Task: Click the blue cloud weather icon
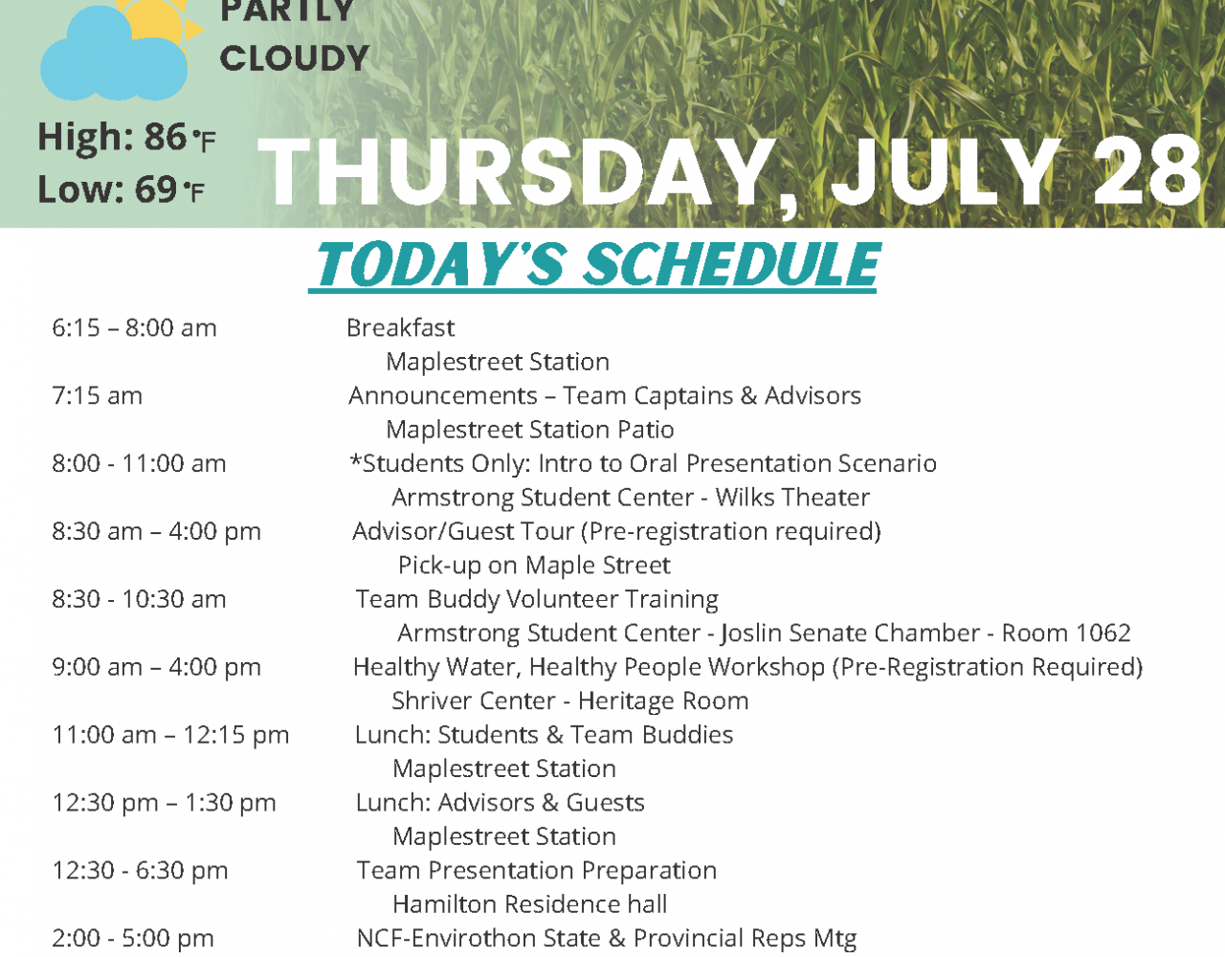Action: tap(113, 56)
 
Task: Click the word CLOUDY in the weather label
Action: tap(294, 58)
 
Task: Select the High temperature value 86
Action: tap(166, 137)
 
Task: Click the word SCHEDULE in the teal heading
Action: tap(731, 264)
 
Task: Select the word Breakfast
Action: tap(400, 328)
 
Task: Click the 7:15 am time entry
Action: tap(97, 395)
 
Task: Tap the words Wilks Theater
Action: tap(792, 498)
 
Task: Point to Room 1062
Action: tap(1066, 633)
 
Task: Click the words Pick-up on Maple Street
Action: tap(534, 566)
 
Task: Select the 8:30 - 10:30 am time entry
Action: tap(139, 599)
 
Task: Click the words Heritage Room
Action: tap(663, 701)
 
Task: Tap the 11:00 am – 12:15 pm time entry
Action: tap(170, 735)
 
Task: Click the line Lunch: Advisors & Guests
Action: tap(500, 803)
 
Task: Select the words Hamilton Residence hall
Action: tap(530, 904)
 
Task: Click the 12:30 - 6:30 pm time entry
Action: tap(140, 871)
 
